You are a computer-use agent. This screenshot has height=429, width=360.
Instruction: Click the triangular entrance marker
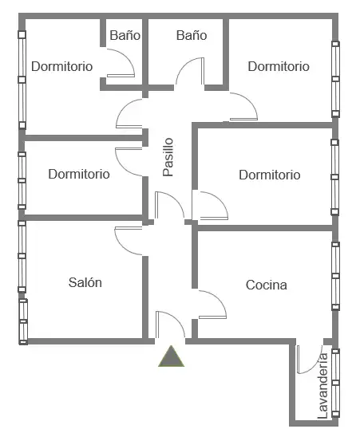point(172,356)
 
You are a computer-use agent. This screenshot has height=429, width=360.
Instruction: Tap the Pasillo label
point(168,157)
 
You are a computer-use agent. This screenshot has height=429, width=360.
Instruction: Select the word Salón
point(85,282)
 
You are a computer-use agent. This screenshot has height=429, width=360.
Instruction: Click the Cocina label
point(267,285)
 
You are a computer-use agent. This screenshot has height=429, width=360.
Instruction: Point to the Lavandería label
point(322,386)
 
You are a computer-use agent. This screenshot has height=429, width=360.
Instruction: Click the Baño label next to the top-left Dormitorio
point(125,35)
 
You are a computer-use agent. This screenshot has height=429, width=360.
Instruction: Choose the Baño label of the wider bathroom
point(192,35)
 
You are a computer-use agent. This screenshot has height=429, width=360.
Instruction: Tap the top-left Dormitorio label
point(62,66)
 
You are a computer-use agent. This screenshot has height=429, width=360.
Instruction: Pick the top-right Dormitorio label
point(279,66)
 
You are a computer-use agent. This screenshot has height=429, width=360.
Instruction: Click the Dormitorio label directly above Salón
point(79,174)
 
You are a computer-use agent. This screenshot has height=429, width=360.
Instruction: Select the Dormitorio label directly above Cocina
point(270,175)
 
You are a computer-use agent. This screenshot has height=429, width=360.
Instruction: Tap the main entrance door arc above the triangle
point(176,319)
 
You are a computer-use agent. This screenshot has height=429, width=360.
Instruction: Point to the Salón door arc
point(122,246)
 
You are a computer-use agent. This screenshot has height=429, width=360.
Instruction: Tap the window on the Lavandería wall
point(335,383)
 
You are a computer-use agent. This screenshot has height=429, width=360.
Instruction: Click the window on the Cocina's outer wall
point(335,276)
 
